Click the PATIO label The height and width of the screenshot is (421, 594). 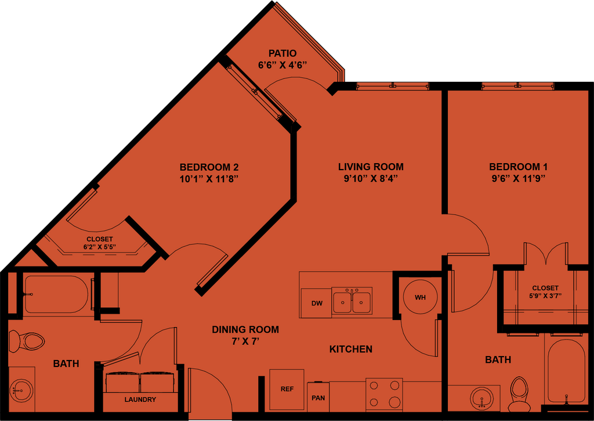pos(282,53)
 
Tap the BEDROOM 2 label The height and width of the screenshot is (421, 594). pos(209,167)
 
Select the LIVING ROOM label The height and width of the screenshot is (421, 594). pos(371,167)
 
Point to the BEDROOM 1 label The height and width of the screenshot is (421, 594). pos(517,167)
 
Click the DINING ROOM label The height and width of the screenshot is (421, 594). pos(245,329)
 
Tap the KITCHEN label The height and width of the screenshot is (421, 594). pos(350,349)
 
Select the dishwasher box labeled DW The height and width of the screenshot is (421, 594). pos(316,303)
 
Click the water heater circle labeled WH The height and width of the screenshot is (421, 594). pos(420,297)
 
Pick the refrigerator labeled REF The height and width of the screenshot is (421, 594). pos(287,389)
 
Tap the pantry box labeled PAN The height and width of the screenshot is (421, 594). pos(318,398)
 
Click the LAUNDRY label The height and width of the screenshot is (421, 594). pos(140,400)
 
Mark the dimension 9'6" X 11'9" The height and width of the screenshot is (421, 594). pos(517,178)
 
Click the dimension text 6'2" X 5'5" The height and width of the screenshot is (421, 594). pos(100,246)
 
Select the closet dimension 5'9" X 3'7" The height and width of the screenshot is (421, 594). pos(545,295)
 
